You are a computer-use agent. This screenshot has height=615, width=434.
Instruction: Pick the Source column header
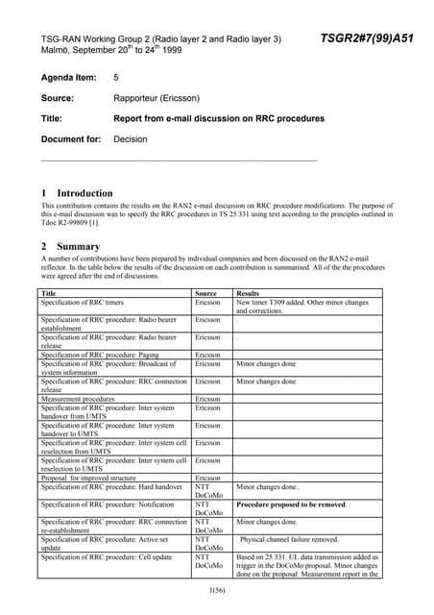[x=205, y=292]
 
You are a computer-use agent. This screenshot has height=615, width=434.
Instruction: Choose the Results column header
[x=249, y=292]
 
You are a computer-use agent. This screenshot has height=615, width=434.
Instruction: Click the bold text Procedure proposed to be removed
[x=292, y=504]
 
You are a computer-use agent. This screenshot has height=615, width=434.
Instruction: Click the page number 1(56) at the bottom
[x=217, y=587]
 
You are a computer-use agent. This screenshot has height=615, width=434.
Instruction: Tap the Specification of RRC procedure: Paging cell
[x=100, y=355]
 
